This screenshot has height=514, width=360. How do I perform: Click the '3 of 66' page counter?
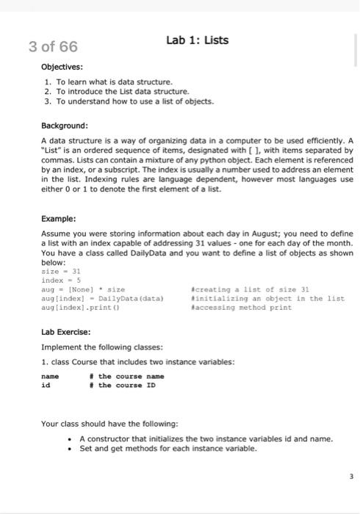[52, 48]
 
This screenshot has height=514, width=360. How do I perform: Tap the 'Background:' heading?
[65, 126]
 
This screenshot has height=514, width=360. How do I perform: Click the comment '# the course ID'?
[128, 385]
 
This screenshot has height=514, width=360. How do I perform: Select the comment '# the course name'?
[131, 376]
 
